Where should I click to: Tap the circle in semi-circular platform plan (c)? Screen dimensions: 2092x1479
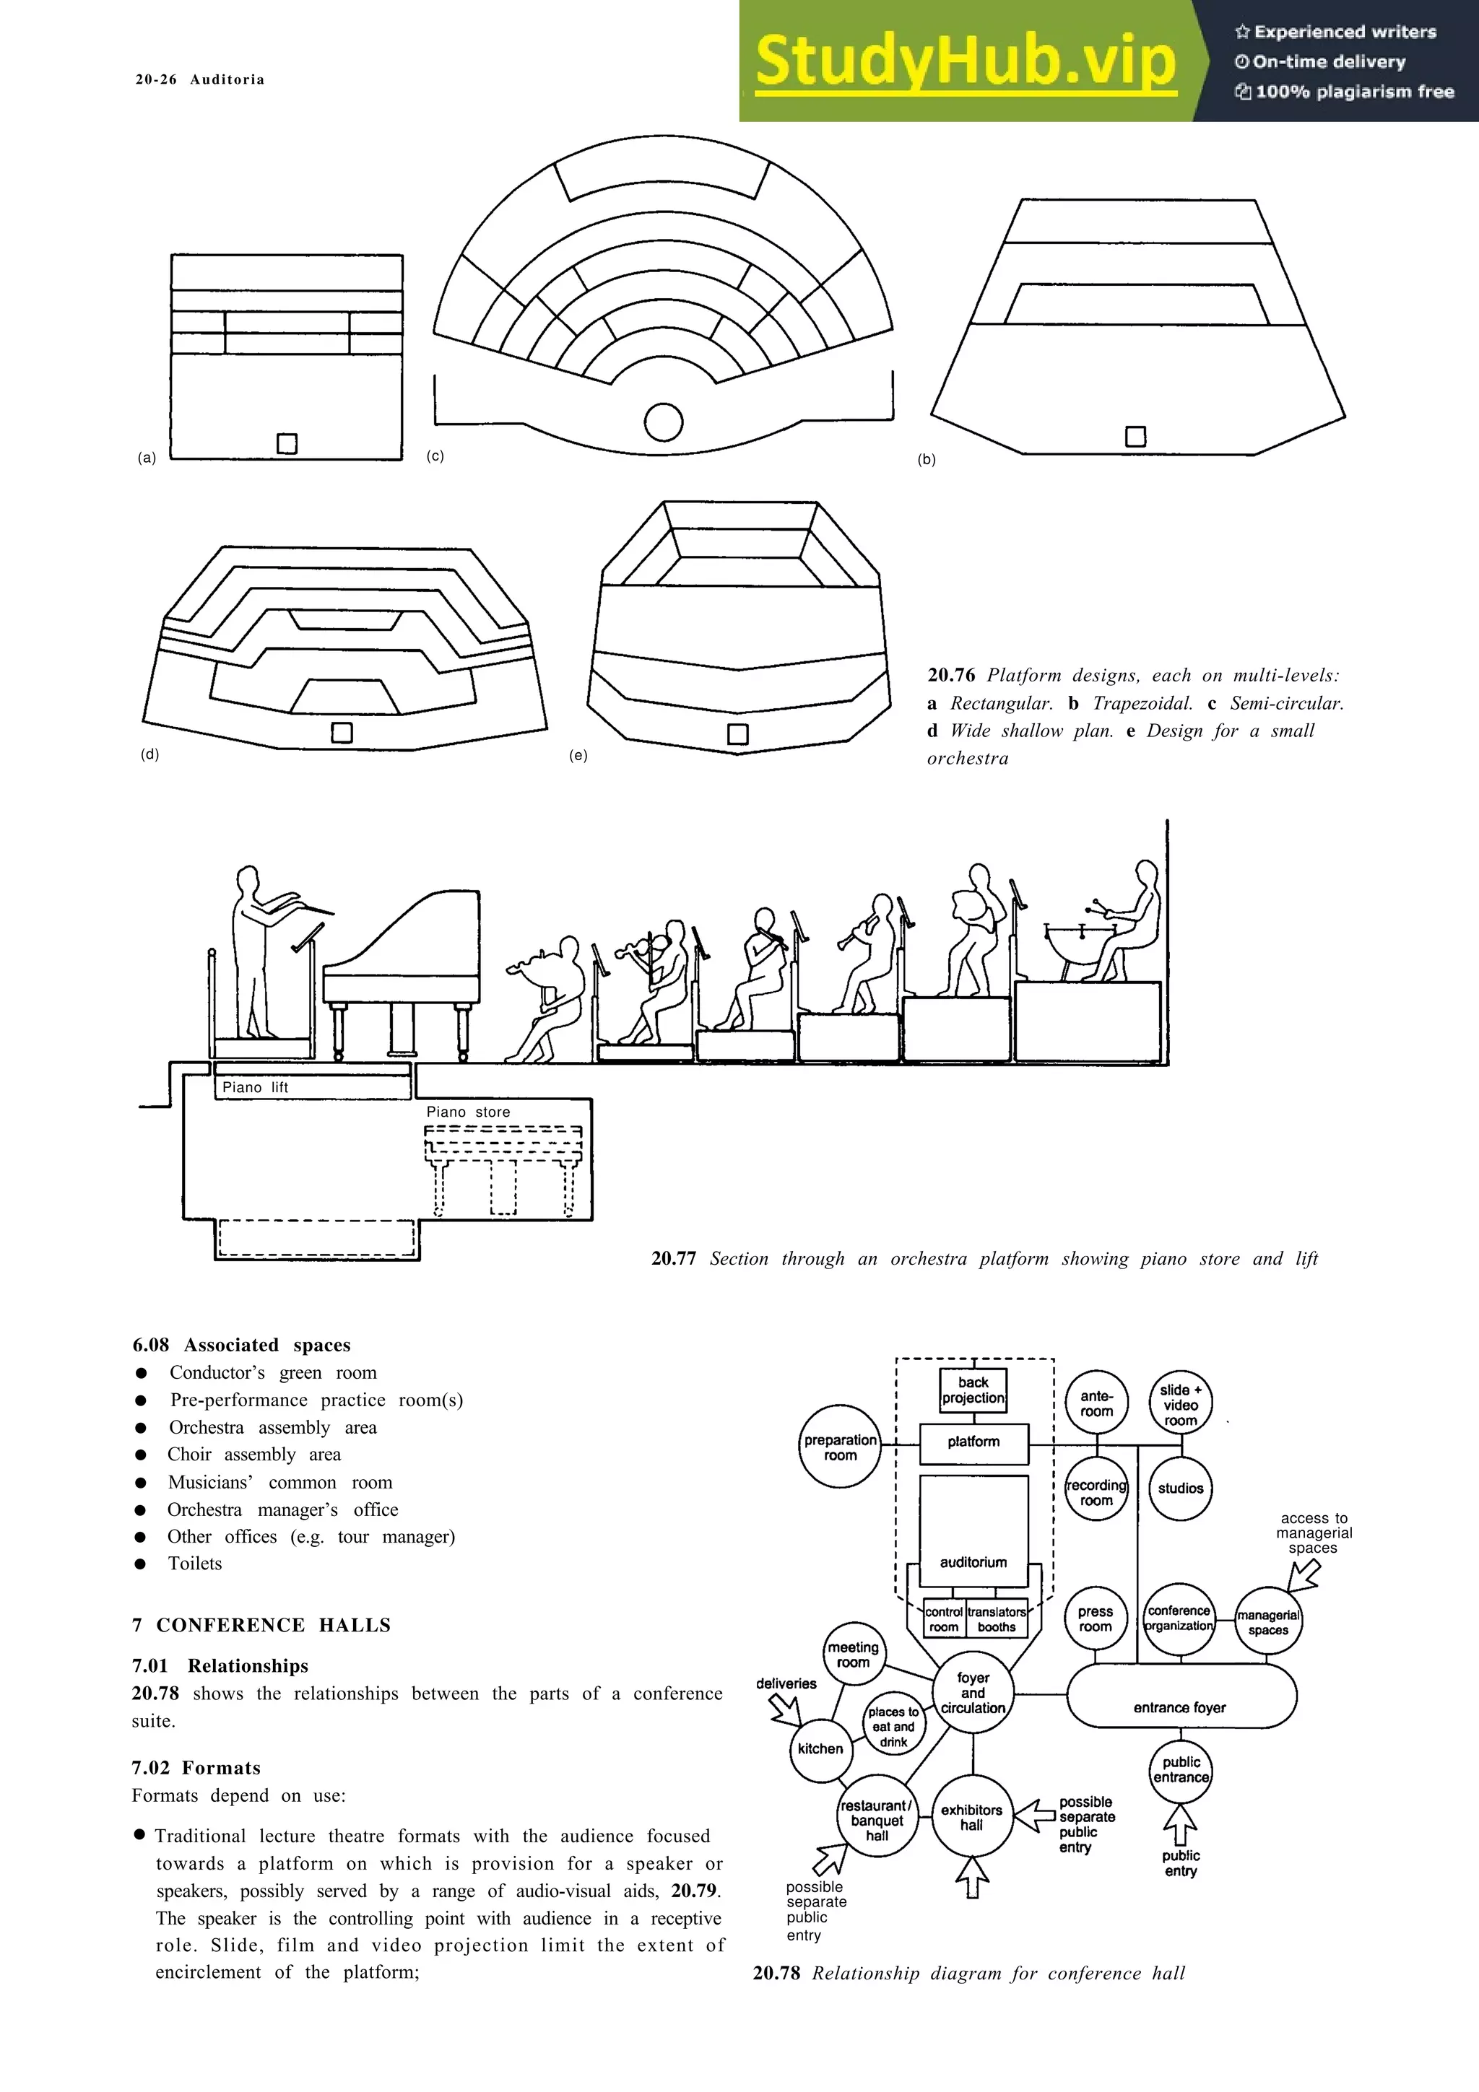click(664, 422)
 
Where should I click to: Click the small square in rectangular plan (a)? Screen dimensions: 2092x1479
click(287, 444)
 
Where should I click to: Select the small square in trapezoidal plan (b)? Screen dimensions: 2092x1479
click(1135, 437)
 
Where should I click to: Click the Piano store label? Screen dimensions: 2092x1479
click(469, 1112)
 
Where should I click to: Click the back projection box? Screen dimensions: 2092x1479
click(973, 1390)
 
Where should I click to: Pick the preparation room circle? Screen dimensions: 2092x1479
click(840, 1447)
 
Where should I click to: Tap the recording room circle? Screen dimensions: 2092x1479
click(1096, 1492)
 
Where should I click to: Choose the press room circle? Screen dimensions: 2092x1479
click(1096, 1619)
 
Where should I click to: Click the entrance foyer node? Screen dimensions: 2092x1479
click(1180, 1707)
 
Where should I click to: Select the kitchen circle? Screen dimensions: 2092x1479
click(820, 1748)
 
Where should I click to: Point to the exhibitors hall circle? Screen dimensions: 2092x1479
click(972, 1817)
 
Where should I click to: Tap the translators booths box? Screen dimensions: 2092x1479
click(997, 1619)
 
